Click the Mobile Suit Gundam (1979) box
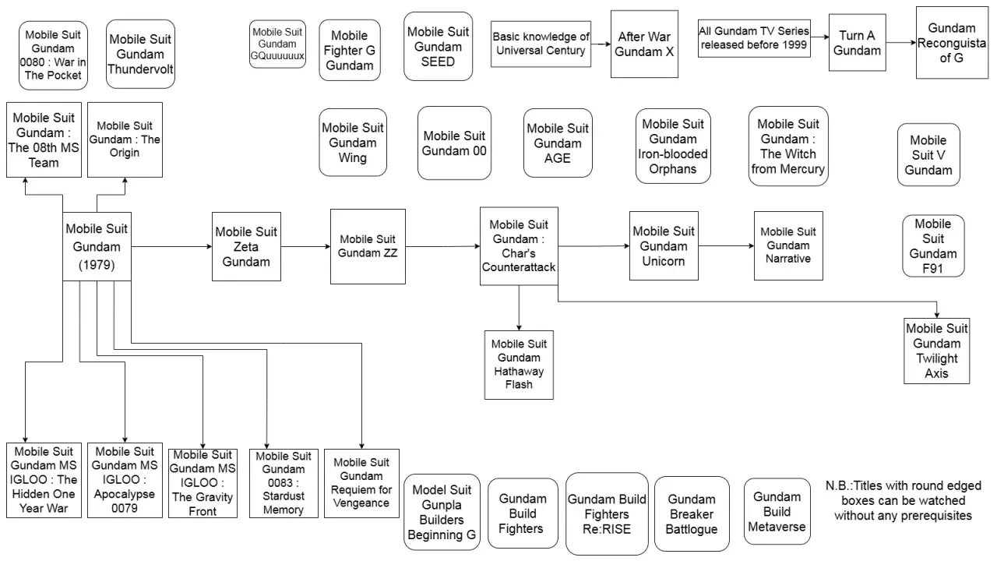[x=97, y=247]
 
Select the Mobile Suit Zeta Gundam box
[x=246, y=247]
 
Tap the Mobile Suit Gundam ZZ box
[x=368, y=246]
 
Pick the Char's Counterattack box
[x=519, y=246]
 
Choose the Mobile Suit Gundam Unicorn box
[x=664, y=246]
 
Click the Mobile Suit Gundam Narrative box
[x=788, y=246]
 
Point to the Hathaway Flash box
[x=519, y=365]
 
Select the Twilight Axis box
[x=936, y=351]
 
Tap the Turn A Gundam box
[x=857, y=43]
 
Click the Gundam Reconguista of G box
[x=951, y=43]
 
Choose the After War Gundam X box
[x=644, y=44]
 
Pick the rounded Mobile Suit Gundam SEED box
[x=438, y=46]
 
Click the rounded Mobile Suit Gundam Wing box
[x=352, y=143]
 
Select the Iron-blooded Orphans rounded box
[x=673, y=146]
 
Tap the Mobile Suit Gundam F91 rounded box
[x=933, y=246]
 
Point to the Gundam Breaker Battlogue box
[x=692, y=514]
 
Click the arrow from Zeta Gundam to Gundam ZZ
[x=305, y=247]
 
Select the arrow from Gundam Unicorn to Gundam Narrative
[x=726, y=246]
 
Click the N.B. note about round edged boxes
[x=903, y=500]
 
